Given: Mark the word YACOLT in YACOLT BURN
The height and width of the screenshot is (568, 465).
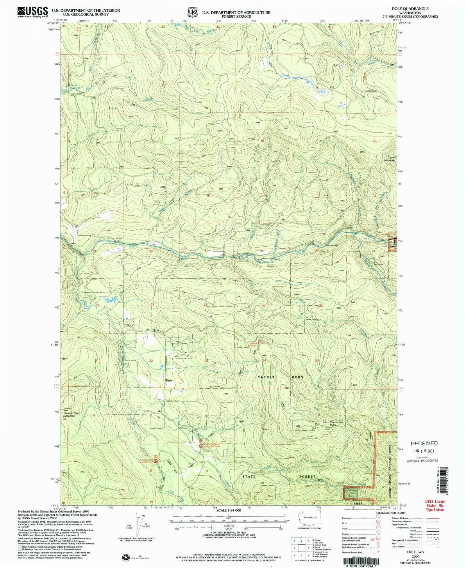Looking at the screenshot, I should click(x=266, y=377).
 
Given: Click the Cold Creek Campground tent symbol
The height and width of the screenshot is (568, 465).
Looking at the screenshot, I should click(x=156, y=461).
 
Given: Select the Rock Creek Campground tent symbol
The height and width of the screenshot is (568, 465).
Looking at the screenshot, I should click(x=201, y=446).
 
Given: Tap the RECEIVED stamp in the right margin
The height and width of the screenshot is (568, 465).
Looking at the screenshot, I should click(x=424, y=443).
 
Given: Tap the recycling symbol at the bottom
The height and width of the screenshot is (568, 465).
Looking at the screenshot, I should click(x=126, y=557).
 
